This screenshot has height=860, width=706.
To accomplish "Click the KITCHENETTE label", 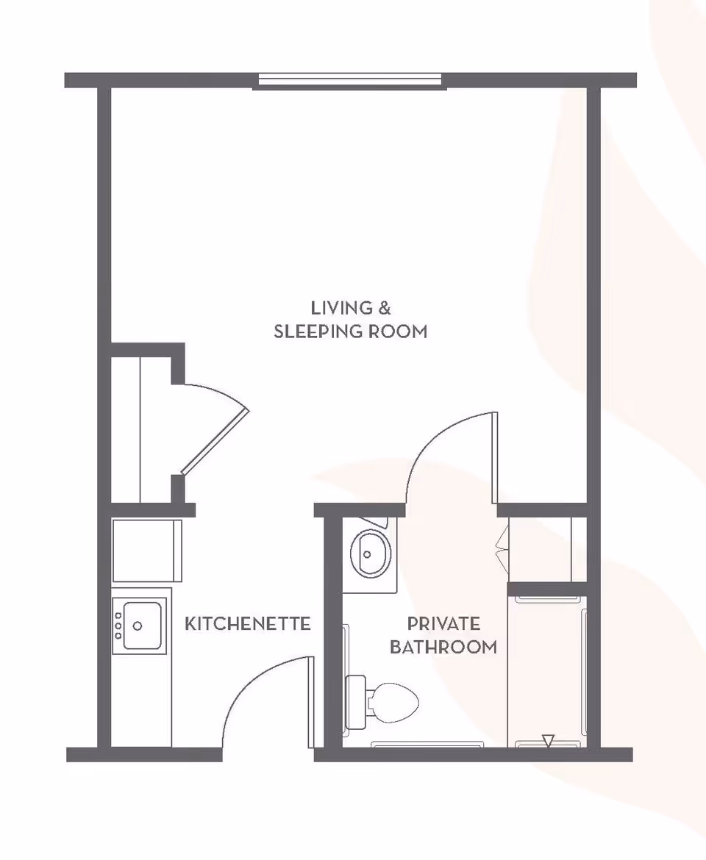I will point(247,624).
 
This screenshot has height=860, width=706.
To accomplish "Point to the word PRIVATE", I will point(443,624).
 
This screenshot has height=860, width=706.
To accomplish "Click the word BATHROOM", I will point(443,648).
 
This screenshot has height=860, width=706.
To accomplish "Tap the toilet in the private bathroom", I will point(393,702).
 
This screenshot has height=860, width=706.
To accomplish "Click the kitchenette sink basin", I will point(142,626).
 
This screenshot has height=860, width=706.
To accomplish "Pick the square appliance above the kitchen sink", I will point(146,551).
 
